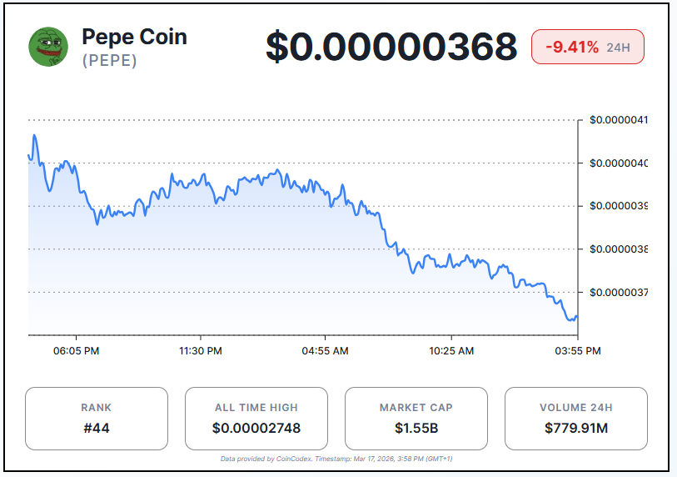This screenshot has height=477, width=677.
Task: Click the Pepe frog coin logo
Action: point(49,47)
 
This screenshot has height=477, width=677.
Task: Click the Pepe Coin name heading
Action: point(134,37)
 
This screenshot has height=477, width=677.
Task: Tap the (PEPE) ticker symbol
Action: point(109,61)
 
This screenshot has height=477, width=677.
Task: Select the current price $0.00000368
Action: point(391,47)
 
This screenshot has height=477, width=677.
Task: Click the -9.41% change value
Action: point(572,47)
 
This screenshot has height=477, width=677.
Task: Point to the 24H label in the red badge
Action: point(618,48)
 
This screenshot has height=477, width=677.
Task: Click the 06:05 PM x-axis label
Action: point(76,351)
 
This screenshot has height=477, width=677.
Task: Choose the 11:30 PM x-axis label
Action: point(201,351)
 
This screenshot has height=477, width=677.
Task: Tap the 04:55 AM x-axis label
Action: point(325,351)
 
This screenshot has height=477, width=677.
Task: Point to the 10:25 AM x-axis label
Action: point(452,351)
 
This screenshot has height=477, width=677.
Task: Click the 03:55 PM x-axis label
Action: point(578,351)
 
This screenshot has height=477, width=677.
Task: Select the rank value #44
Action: point(97,429)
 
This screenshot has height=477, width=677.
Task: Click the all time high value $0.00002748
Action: point(256,429)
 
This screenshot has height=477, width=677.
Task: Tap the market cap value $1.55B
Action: point(416,429)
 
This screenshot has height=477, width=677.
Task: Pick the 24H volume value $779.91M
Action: point(576,429)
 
